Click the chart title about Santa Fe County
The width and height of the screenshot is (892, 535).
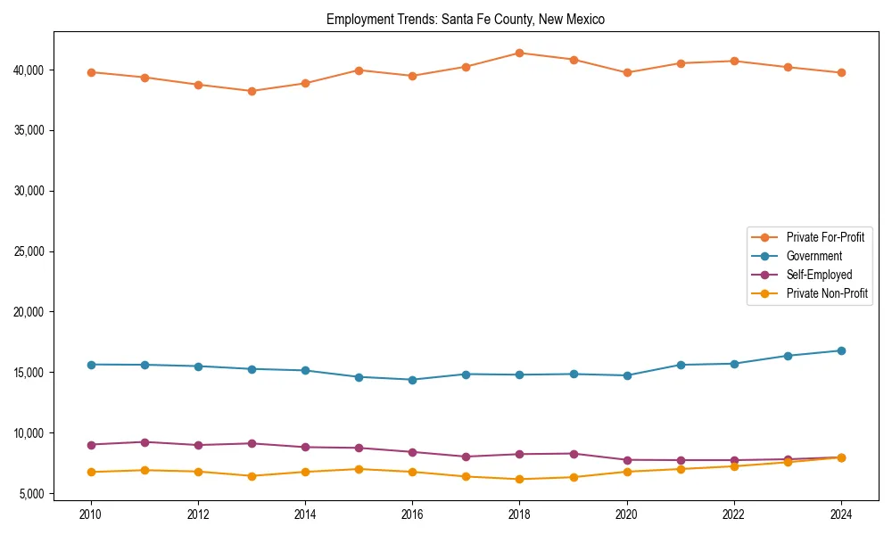point(466,19)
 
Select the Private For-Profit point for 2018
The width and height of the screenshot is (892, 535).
point(519,53)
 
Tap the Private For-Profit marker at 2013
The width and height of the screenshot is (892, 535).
point(252,91)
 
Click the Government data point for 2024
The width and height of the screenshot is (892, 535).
point(841,350)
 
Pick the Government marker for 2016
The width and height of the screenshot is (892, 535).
point(412,380)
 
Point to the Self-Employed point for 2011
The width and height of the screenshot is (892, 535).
point(145,442)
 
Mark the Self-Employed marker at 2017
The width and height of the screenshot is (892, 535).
point(466,457)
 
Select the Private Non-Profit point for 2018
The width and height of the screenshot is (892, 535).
point(519,479)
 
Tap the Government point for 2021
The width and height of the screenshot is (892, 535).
point(681,365)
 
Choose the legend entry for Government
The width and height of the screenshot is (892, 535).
point(814,256)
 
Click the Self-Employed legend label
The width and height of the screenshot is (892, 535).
point(819,275)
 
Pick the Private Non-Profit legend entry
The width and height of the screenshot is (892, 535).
point(827,293)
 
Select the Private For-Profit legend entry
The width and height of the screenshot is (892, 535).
point(825,237)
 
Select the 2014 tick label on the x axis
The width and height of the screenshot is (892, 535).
point(305,514)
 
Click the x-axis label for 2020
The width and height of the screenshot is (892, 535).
point(626,514)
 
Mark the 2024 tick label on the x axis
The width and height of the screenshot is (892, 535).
point(841,514)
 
